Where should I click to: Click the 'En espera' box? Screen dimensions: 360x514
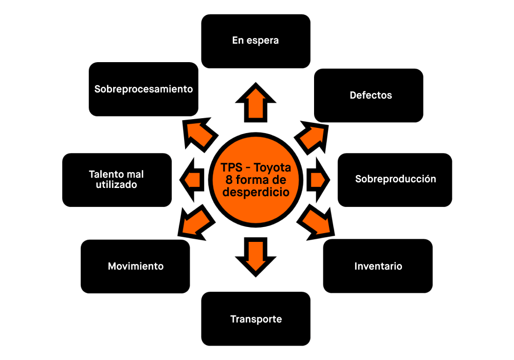255,41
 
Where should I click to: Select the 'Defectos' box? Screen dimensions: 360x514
369,96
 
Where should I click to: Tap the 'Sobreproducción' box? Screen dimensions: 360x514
395,179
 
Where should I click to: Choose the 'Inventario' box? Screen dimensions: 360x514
378,267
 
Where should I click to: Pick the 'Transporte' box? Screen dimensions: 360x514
256,319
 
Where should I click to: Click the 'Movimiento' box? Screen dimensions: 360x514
135,267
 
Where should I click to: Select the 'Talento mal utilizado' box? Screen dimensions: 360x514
117,180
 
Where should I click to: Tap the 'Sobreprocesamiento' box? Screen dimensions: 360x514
143,89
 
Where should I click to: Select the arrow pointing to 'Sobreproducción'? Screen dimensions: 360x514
318,180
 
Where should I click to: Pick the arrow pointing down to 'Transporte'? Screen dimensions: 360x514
255,254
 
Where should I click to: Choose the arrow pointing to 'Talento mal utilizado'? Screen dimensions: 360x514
192,180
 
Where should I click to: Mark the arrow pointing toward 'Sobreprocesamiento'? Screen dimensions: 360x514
199,135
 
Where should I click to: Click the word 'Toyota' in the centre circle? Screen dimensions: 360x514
273,168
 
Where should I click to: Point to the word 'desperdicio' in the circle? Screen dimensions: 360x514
255,192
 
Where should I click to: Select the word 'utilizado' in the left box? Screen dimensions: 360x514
117,185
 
